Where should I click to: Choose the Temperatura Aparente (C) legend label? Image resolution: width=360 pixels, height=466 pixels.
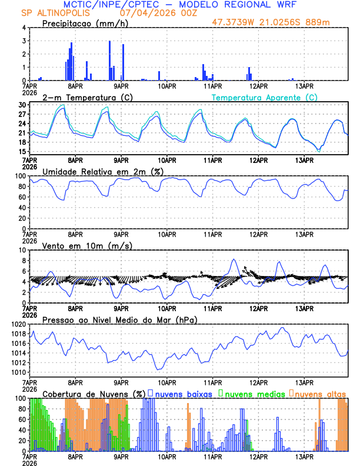(x=265, y=97)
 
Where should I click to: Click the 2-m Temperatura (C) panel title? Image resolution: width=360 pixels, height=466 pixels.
(x=82, y=97)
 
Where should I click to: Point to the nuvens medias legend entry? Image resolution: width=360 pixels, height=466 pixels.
(x=252, y=393)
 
